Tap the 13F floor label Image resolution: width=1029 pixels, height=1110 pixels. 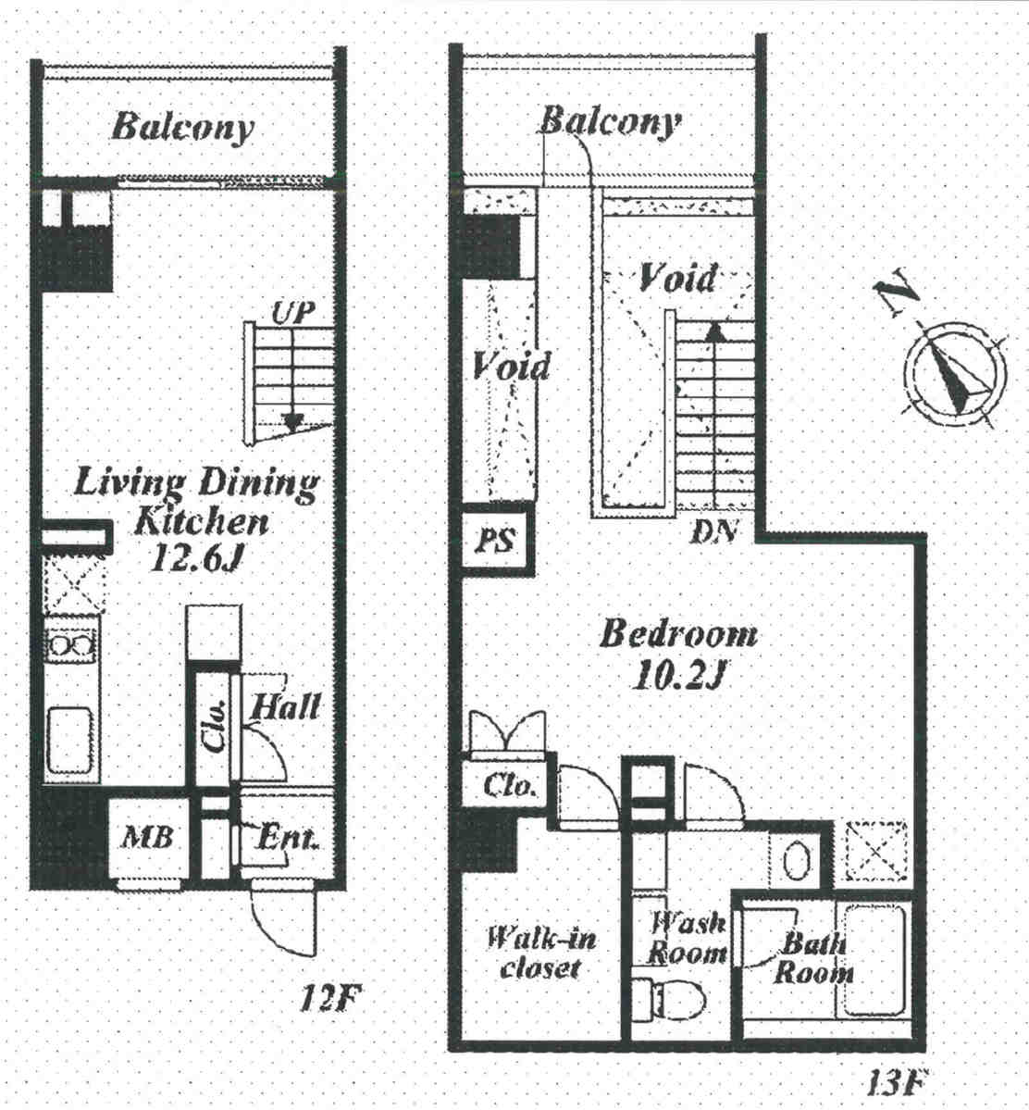(x=897, y=1082)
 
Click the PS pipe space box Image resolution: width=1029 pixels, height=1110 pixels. (x=495, y=542)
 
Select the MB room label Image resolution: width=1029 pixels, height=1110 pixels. (x=147, y=838)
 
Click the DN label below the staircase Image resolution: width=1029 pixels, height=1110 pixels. (x=714, y=530)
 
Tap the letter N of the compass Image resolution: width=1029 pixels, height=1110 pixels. (x=895, y=291)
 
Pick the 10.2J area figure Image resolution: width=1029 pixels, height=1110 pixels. (x=678, y=676)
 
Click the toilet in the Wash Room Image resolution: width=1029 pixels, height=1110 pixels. (x=669, y=998)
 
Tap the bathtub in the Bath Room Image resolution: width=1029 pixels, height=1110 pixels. (x=874, y=961)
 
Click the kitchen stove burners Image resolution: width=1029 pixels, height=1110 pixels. (x=70, y=645)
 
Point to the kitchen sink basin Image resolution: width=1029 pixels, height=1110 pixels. (x=70, y=741)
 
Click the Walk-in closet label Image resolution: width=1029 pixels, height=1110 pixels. (x=541, y=953)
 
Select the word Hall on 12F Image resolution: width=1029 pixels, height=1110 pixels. (x=286, y=706)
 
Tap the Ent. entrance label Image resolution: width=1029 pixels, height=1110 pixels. (x=286, y=838)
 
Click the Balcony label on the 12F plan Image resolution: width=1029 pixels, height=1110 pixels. (x=182, y=128)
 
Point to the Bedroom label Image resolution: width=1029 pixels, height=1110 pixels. (x=678, y=634)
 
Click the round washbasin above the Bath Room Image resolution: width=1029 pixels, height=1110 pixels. (x=796, y=860)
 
